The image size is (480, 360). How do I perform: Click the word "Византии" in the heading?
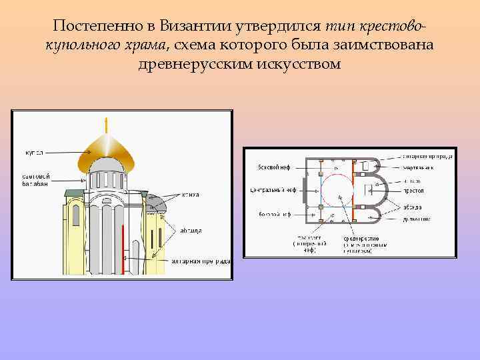(x=192, y=27)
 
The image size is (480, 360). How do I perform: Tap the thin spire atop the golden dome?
(x=105, y=125)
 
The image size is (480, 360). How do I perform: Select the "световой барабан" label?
(x=33, y=179)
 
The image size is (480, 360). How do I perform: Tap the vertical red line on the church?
(x=123, y=247)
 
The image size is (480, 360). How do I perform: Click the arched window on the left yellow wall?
(x=75, y=214)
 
